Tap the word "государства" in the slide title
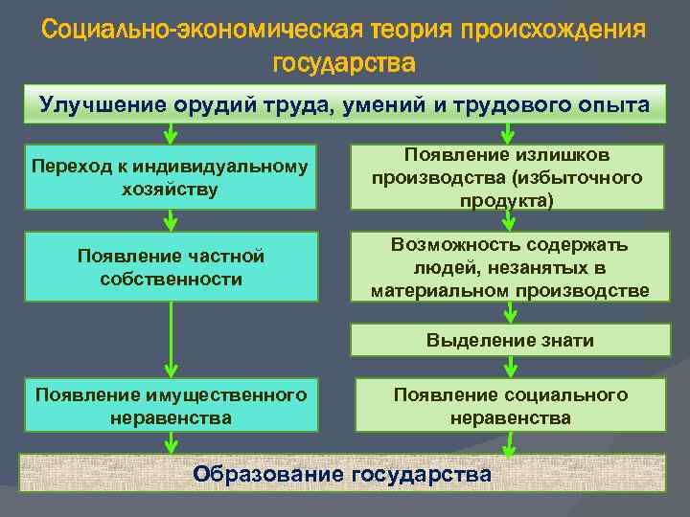pyautogui.click(x=344, y=64)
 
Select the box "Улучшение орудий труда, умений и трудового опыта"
pyautogui.click(x=344, y=104)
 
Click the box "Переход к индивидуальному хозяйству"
pyautogui.click(x=171, y=178)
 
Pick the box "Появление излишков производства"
pyautogui.click(x=510, y=178)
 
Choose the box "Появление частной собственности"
pyautogui.click(x=171, y=267)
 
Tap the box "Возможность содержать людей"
pyautogui.click(x=510, y=267)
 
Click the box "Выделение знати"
pyautogui.click(x=510, y=340)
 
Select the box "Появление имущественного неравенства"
pyautogui.click(x=171, y=405)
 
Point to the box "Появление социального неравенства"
pyautogui.click(x=510, y=405)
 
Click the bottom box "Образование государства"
pyautogui.click(x=344, y=473)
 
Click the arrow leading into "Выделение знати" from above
pyautogui.click(x=511, y=312)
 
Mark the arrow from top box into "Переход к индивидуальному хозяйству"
pyautogui.click(x=171, y=134)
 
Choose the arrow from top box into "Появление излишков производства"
pyautogui.click(x=511, y=134)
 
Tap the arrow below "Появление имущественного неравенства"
pyautogui.click(x=171, y=440)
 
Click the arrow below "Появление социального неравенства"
pyautogui.click(x=510, y=442)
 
